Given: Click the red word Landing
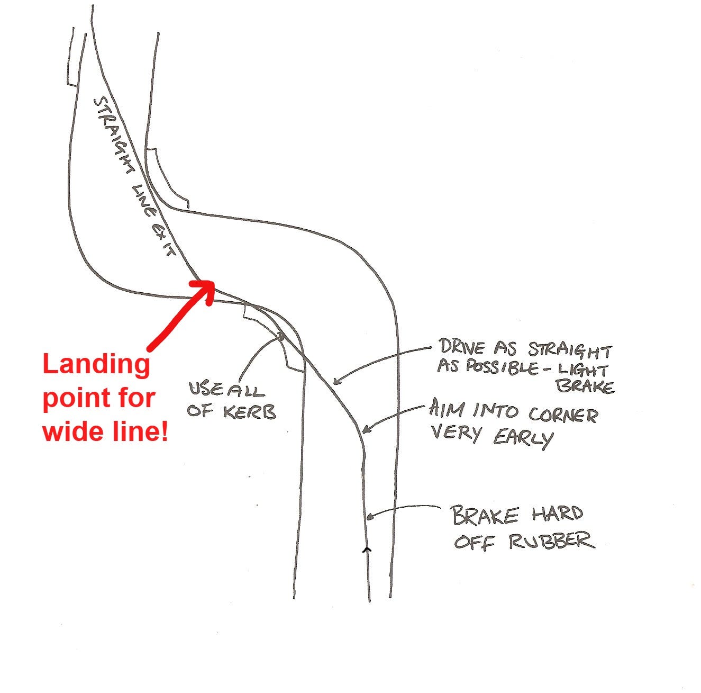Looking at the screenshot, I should click(x=96, y=365).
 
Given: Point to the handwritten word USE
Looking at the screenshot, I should click(x=206, y=390).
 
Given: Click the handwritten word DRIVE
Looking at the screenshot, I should click(x=462, y=348).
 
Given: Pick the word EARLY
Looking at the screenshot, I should click(x=523, y=437).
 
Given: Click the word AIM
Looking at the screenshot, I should click(x=447, y=409).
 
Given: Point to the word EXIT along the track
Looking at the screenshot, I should click(x=162, y=241).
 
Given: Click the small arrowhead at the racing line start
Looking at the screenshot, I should click(x=366, y=550).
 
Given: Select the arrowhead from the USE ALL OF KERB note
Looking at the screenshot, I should click(x=281, y=336).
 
